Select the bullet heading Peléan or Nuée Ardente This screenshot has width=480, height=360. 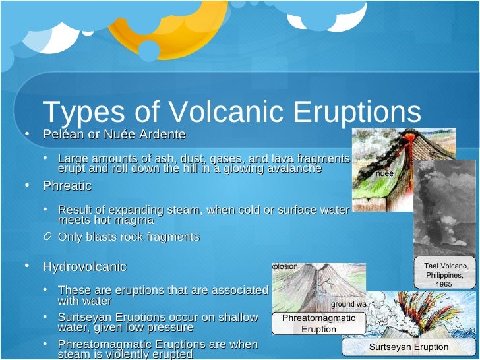tap(114, 135)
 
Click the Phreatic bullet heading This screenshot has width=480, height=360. tap(67, 186)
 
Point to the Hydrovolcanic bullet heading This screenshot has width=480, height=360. tap(84, 267)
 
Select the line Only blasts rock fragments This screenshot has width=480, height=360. tap(129, 237)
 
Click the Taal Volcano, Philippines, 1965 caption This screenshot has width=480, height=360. tap(446, 274)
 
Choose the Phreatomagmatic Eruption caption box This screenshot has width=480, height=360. tap(318, 323)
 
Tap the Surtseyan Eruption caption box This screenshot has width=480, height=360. tap(408, 347)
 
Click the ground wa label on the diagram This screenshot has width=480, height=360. tap(348, 305)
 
